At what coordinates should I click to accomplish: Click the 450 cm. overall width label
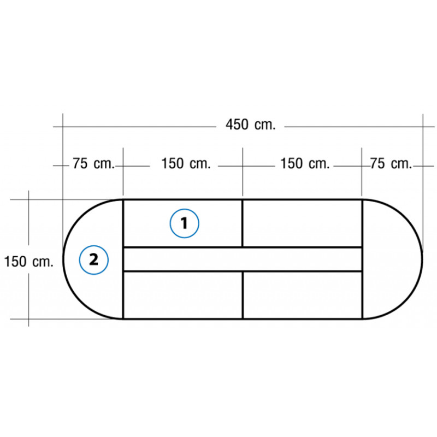coord(250,125)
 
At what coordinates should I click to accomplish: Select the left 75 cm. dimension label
coord(93,163)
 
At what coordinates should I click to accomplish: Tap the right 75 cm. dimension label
coord(391,163)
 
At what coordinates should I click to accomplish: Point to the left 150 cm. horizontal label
coord(186,163)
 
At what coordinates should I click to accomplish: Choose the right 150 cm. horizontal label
coord(305,163)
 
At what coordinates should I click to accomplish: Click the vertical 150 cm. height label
coord(29,262)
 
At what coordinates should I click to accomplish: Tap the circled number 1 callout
coord(185,223)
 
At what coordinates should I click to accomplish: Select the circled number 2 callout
coord(93,260)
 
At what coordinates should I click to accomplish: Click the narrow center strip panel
coord(243,259)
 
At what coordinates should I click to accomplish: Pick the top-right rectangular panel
coord(303,223)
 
